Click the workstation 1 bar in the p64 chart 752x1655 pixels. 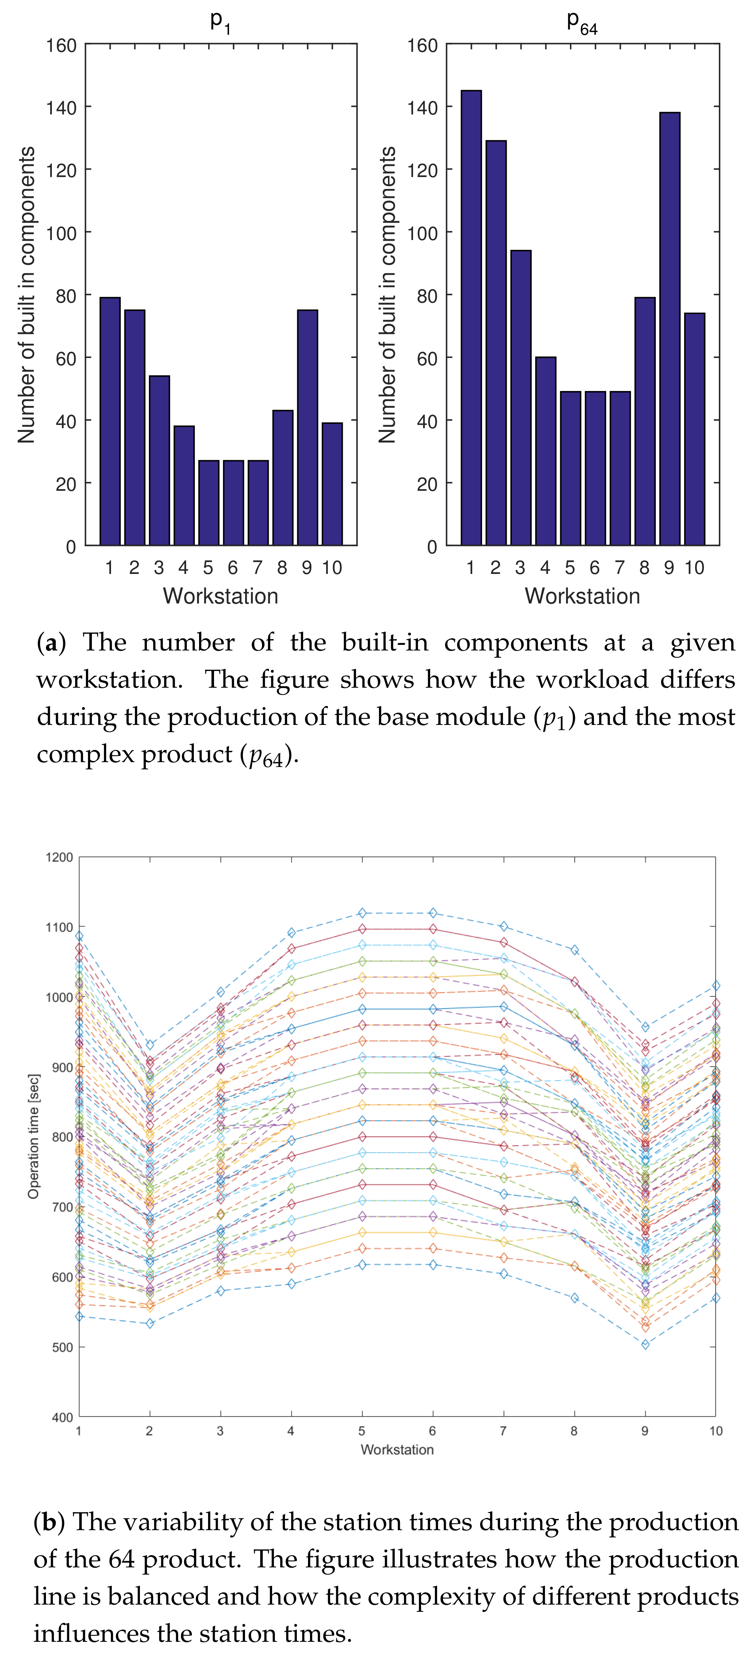tap(471, 318)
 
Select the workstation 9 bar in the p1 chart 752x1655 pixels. tap(307, 427)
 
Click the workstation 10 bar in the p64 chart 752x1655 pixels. tap(694, 429)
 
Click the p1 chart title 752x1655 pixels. tap(221, 21)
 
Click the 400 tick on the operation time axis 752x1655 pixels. tap(62, 1417)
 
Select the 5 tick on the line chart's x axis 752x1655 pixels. tap(362, 1431)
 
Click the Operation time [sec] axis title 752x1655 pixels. tap(33, 1136)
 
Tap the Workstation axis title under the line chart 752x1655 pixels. tap(397, 1449)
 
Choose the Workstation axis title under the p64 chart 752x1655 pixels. tap(582, 596)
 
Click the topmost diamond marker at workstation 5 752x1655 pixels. tap(362, 913)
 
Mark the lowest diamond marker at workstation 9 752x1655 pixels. tap(645, 1344)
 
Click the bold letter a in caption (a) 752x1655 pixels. tap(52, 642)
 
